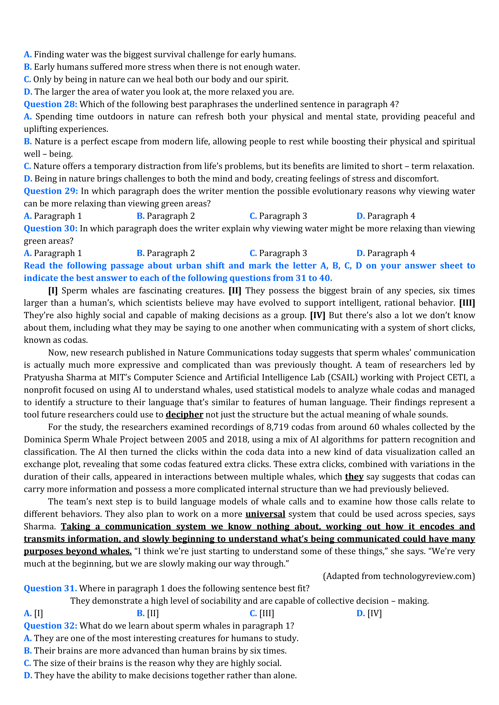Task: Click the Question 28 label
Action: coord(50,104)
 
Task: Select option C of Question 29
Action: coord(278,216)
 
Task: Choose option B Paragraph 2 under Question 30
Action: coord(166,253)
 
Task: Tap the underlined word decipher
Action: coord(184,415)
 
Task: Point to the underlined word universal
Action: coord(265,514)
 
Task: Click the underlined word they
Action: coord(354,477)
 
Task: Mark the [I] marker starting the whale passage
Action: coord(53,291)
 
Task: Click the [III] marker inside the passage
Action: coord(467,303)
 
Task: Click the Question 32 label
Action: coord(50,626)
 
